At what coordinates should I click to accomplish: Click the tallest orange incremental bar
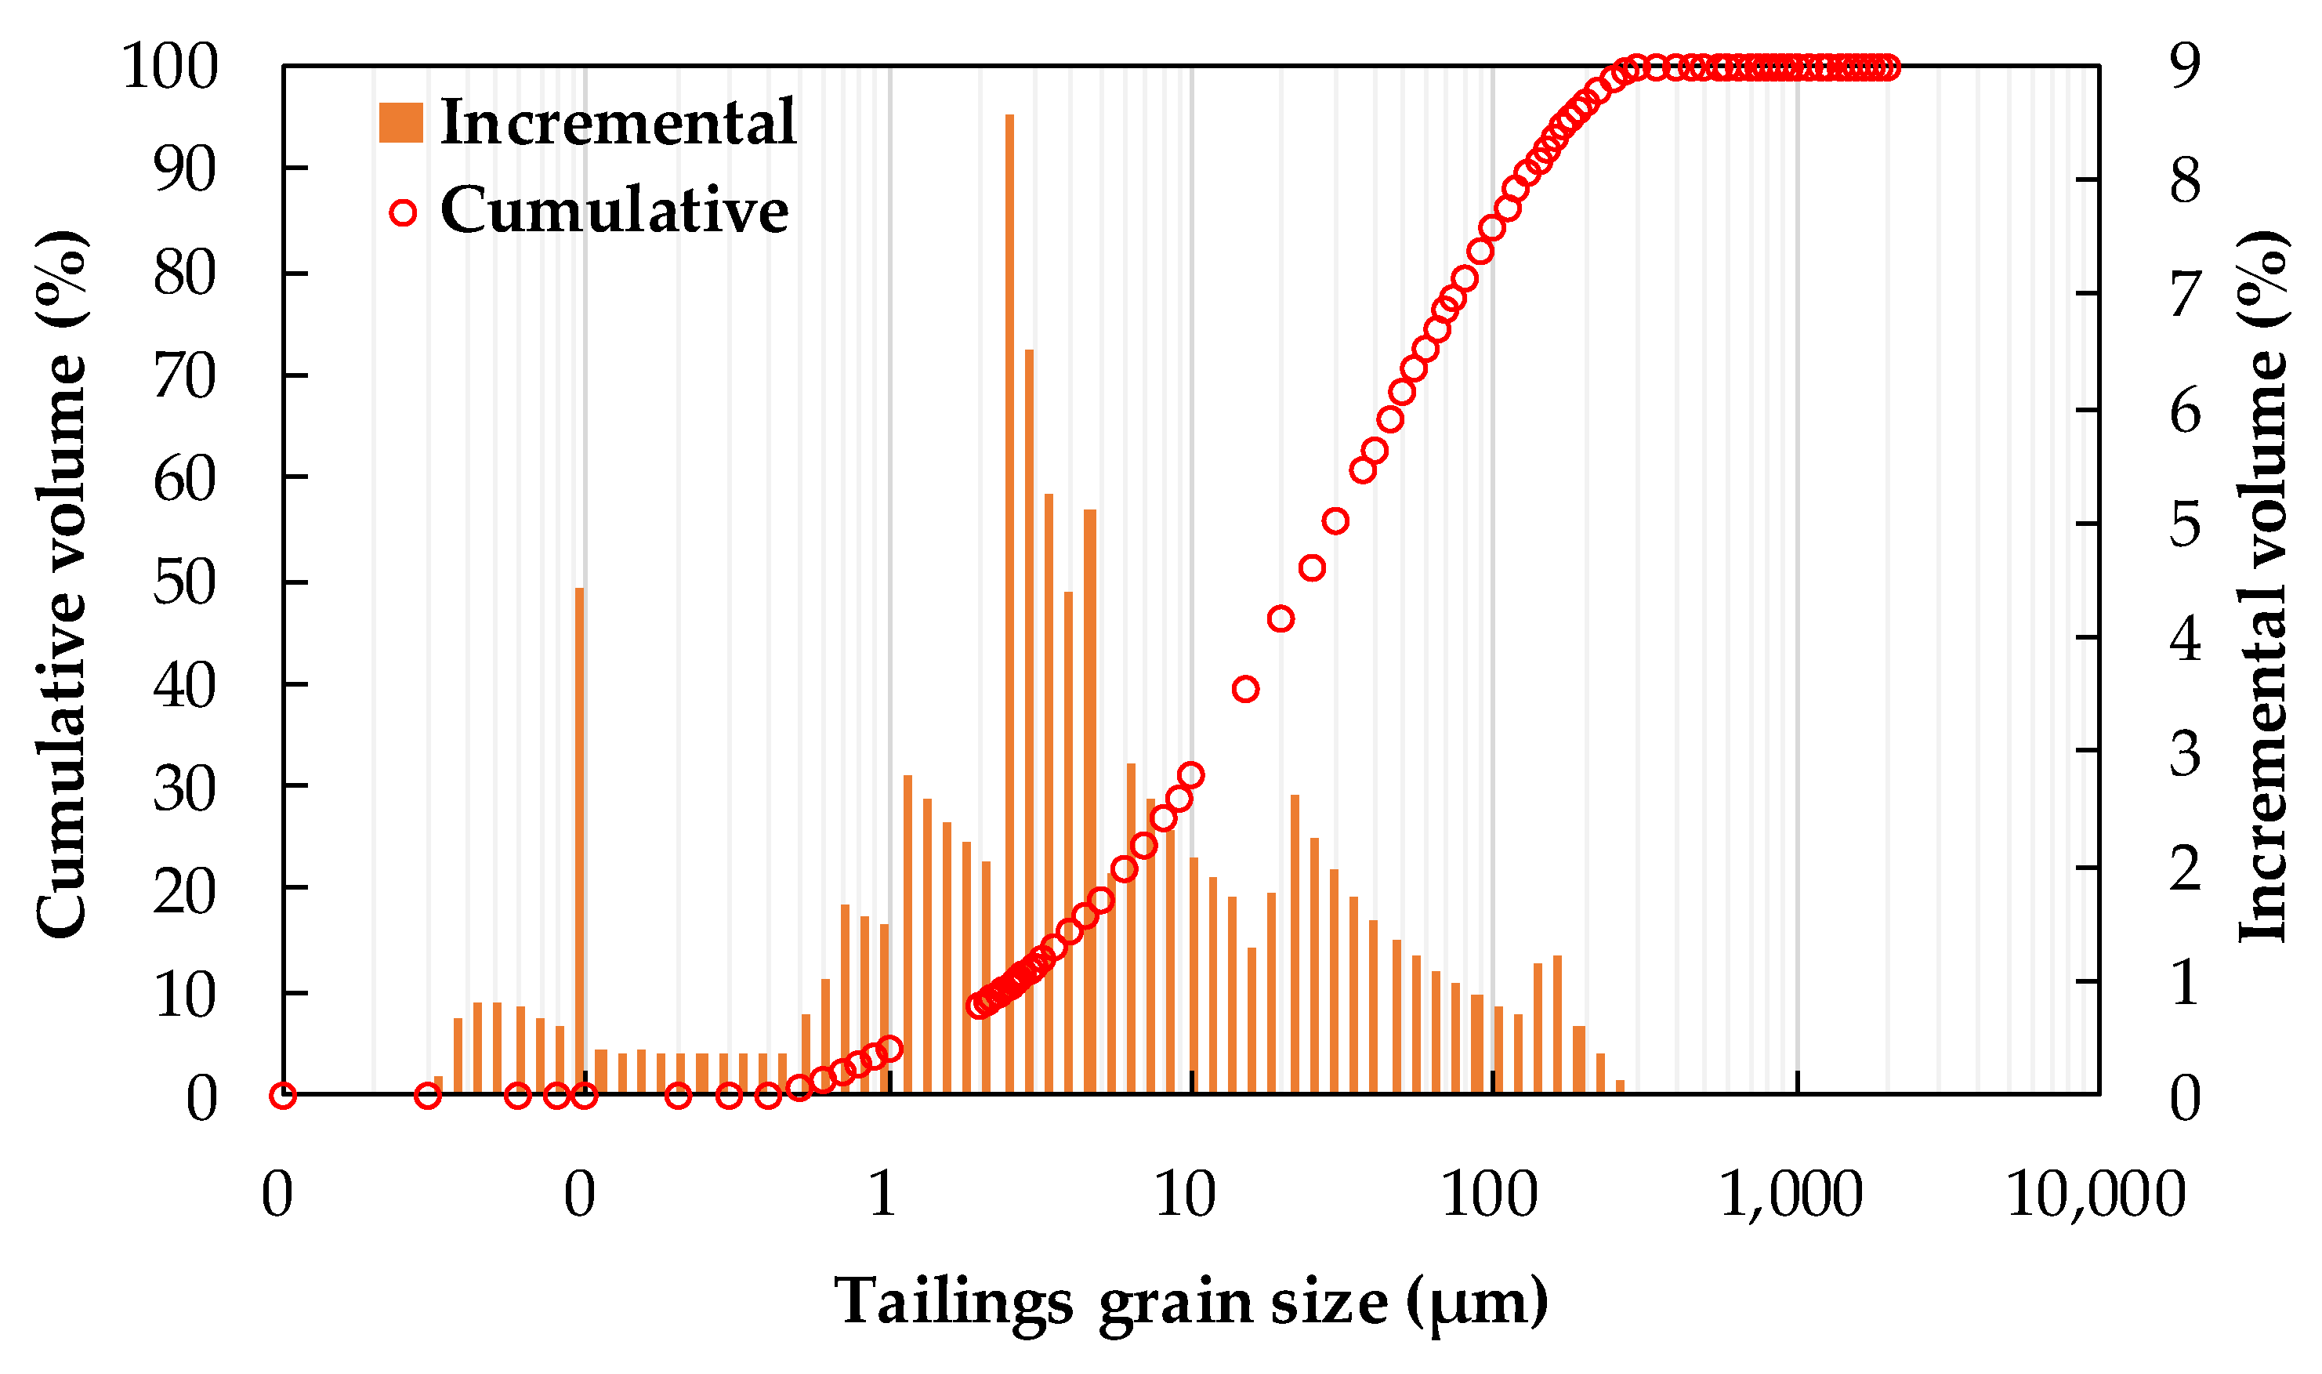[x=1009, y=602]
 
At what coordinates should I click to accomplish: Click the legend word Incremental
[x=618, y=122]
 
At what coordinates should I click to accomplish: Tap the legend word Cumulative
[x=614, y=210]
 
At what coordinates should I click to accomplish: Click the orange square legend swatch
[x=400, y=122]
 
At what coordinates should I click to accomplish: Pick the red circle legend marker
[x=403, y=213]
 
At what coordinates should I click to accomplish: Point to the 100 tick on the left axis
[x=169, y=67]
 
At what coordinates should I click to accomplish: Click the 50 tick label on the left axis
[x=183, y=583]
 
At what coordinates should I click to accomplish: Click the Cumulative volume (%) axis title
[x=63, y=583]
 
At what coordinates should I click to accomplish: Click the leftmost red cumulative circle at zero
[x=283, y=1095]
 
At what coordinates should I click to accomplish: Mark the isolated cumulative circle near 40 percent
[x=1246, y=689]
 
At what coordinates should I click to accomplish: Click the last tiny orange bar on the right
[x=1620, y=1086]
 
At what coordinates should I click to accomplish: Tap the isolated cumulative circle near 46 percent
[x=1281, y=618]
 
